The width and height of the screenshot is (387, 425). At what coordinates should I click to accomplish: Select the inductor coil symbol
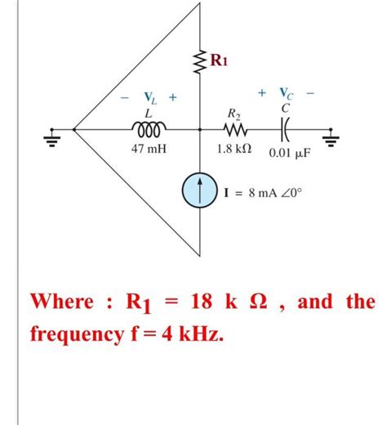(x=149, y=128)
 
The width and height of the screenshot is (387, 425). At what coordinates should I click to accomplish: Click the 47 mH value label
(x=149, y=150)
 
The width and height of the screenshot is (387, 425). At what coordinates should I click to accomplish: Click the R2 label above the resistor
(x=233, y=113)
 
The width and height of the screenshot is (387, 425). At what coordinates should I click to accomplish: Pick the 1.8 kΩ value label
(x=234, y=150)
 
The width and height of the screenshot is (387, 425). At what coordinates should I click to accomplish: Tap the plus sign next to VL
(x=173, y=98)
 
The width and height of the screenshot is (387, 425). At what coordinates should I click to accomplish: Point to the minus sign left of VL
(x=124, y=98)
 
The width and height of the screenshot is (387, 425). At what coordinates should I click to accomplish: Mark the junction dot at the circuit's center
(x=200, y=128)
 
